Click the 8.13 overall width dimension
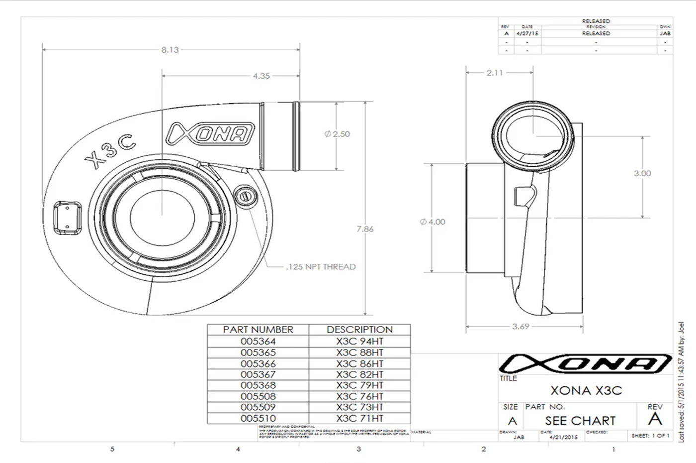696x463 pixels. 170,50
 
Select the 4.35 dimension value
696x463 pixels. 261,76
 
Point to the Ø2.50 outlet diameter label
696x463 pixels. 337,134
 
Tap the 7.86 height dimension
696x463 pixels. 365,229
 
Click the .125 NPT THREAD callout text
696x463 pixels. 321,267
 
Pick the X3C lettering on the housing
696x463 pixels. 110,150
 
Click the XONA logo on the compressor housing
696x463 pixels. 211,134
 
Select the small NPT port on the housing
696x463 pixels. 245,195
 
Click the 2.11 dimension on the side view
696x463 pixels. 495,73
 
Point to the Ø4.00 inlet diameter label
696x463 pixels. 433,222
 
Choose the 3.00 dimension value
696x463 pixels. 642,173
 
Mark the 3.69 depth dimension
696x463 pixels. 521,327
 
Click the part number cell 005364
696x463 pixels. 258,342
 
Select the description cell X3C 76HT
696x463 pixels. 359,396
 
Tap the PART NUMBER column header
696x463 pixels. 258,330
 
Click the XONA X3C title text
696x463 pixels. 586,390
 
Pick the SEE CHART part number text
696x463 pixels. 580,421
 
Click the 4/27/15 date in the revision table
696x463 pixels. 527,33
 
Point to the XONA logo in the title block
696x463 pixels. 585,364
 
